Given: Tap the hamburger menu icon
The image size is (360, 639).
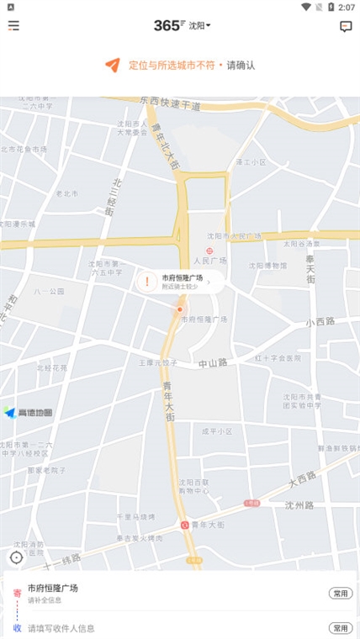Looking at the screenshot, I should pyautogui.click(x=13, y=25).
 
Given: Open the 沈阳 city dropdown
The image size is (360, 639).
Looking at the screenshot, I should pyautogui.click(x=199, y=25).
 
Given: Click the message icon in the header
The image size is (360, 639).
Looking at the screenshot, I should pyautogui.click(x=346, y=26).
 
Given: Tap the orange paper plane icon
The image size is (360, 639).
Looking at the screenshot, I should pyautogui.click(x=112, y=65).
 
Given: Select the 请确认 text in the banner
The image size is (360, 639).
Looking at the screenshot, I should pyautogui.click(x=241, y=65).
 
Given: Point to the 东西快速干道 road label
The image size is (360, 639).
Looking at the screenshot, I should pyautogui.click(x=172, y=103).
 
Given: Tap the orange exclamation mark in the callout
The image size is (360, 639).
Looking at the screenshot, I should pyautogui.click(x=147, y=282).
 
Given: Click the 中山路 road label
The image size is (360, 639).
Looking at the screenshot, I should pyautogui.click(x=213, y=362).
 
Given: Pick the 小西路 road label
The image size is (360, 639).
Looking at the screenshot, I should pyautogui.click(x=320, y=322).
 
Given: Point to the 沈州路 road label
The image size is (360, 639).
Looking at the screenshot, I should pyautogui.click(x=299, y=505).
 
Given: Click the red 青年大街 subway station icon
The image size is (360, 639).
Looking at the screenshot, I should pyautogui.click(x=184, y=525).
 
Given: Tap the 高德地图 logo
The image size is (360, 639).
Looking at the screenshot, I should pyautogui.click(x=29, y=413).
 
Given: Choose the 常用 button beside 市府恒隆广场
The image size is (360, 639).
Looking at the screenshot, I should pyautogui.click(x=340, y=594).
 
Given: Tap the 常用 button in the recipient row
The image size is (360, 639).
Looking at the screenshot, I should pyautogui.click(x=340, y=628).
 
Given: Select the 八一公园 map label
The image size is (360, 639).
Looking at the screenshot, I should pyautogui.click(x=50, y=291).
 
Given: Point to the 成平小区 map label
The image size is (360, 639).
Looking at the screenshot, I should pyautogui.click(x=216, y=431).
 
